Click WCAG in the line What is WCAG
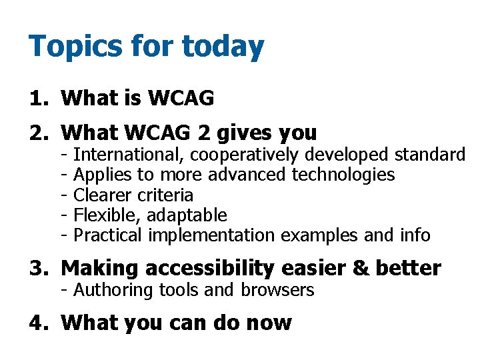[x=181, y=99]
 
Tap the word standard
[x=429, y=155]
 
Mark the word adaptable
[x=187, y=215]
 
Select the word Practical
[x=107, y=235]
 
